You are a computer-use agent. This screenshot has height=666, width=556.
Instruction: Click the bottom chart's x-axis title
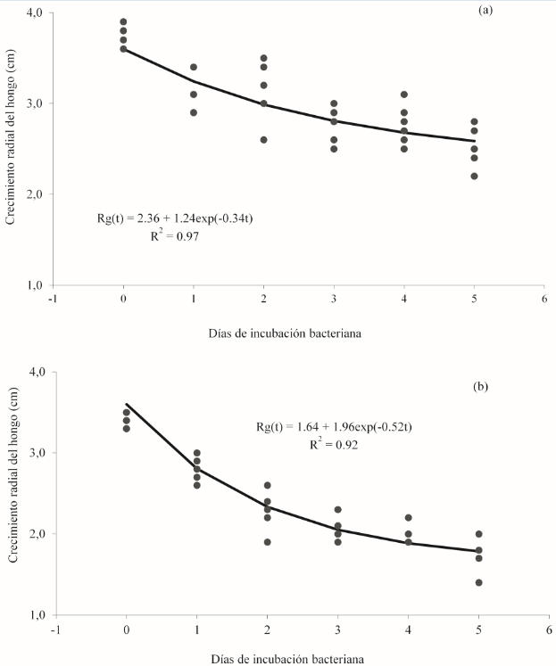(288, 659)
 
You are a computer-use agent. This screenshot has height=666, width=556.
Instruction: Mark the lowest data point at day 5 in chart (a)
(475, 176)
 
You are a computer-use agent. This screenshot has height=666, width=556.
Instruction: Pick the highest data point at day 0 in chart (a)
(123, 22)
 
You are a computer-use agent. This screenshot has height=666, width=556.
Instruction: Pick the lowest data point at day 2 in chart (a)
(263, 140)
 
